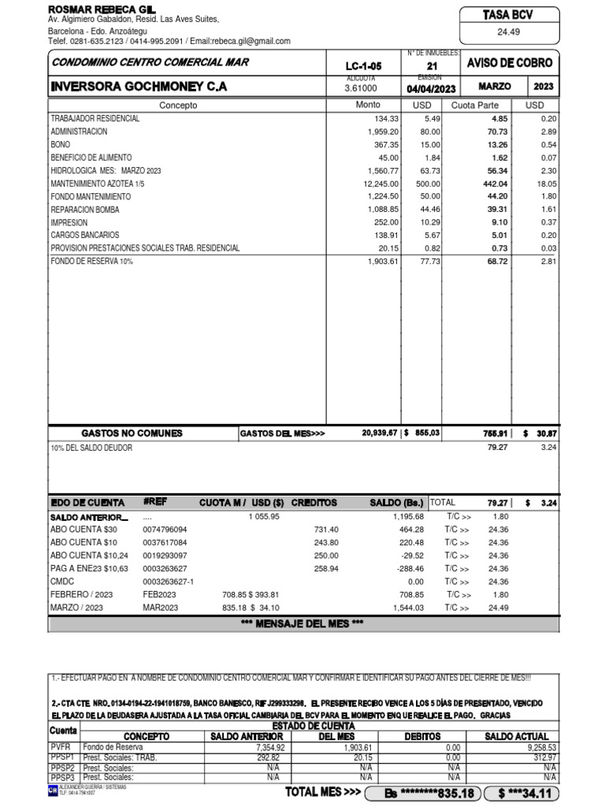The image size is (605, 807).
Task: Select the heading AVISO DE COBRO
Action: click(510, 63)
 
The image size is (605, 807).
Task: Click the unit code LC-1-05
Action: click(363, 66)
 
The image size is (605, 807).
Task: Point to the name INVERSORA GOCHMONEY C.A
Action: click(139, 87)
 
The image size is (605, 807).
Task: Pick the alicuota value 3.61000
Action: click(362, 87)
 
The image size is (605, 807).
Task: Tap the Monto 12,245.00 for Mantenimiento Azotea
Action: click(379, 184)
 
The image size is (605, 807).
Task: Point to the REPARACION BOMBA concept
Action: click(85, 210)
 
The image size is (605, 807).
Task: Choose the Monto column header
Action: click(367, 105)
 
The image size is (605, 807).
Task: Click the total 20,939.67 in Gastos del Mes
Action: click(380, 433)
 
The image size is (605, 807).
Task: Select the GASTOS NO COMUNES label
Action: click(132, 433)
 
